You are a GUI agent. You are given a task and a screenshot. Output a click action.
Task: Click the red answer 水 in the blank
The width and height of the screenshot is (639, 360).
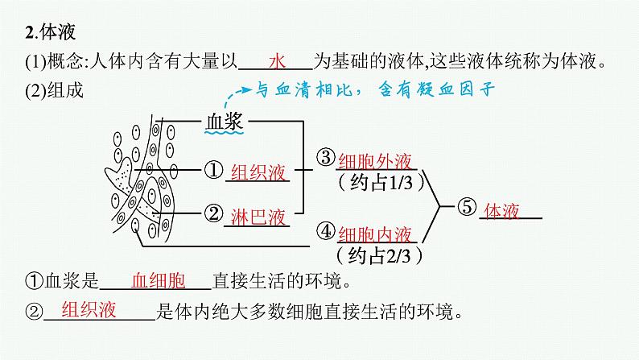pos(278,61)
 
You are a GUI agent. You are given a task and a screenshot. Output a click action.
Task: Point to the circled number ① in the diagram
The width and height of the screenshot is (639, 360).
pos(212,170)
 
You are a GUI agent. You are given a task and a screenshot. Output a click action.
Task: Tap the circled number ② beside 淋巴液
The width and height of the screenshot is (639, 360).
pos(212,213)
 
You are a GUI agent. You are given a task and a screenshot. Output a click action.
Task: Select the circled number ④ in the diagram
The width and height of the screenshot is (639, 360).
pos(325,232)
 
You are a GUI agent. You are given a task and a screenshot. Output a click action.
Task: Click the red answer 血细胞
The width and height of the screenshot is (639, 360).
pos(158,280)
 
